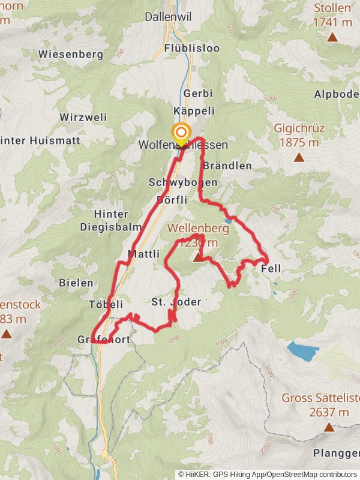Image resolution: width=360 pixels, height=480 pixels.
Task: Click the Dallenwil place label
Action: coord(168,17)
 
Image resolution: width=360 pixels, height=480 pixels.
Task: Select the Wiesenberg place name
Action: coord(71,54)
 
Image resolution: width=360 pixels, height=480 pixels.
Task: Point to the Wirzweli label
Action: coord(83,117)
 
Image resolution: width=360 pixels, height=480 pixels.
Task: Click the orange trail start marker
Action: coord(181,132)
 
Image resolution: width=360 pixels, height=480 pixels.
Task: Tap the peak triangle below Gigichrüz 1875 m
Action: coord(299,158)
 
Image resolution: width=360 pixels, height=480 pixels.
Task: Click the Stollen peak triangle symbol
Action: coord(332,37)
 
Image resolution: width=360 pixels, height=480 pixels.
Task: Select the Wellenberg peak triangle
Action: coord(197,257)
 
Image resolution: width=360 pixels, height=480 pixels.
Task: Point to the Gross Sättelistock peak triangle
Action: coord(329,427)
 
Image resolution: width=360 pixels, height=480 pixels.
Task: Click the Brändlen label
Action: coord(227,166)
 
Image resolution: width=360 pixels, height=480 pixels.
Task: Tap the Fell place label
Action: coord(271,269)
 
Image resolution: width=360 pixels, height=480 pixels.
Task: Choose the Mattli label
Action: coord(143,254)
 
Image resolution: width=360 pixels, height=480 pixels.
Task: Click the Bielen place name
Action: coord(76,282)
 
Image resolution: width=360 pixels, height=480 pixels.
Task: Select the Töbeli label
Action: coord(106,304)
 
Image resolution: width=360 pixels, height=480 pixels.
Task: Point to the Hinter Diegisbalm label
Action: coord(111,220)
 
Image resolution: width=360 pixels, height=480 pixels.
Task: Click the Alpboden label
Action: coord(336,94)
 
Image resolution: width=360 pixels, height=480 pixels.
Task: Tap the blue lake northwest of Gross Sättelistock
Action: coord(302,350)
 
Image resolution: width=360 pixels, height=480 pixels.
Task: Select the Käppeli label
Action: coord(194,111)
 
